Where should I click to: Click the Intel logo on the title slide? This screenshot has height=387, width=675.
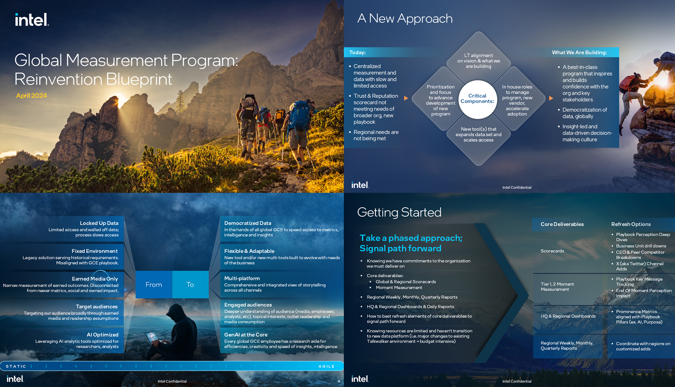[32, 20]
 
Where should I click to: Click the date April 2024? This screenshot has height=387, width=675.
[31, 96]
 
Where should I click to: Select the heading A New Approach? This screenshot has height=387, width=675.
[405, 18]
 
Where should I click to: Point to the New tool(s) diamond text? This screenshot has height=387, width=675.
[478, 134]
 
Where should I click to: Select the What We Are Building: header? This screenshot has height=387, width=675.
[579, 52]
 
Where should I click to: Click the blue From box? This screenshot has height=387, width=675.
[154, 285]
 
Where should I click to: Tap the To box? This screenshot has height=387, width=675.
[190, 285]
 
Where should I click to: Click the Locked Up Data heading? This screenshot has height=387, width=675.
[99, 223]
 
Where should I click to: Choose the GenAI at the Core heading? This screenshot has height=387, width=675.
[246, 335]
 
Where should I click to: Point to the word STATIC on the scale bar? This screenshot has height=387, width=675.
[16, 366]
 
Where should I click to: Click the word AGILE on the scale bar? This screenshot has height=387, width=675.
[327, 366]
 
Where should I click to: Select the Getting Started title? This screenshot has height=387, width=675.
[399, 212]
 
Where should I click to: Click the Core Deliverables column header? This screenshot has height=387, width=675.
[562, 224]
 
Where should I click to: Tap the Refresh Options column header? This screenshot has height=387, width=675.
[631, 224]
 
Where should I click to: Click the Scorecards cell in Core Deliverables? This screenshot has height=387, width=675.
[552, 251]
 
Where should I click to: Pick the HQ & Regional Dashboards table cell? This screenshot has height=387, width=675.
[568, 316]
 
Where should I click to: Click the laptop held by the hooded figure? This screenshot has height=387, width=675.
[152, 337]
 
